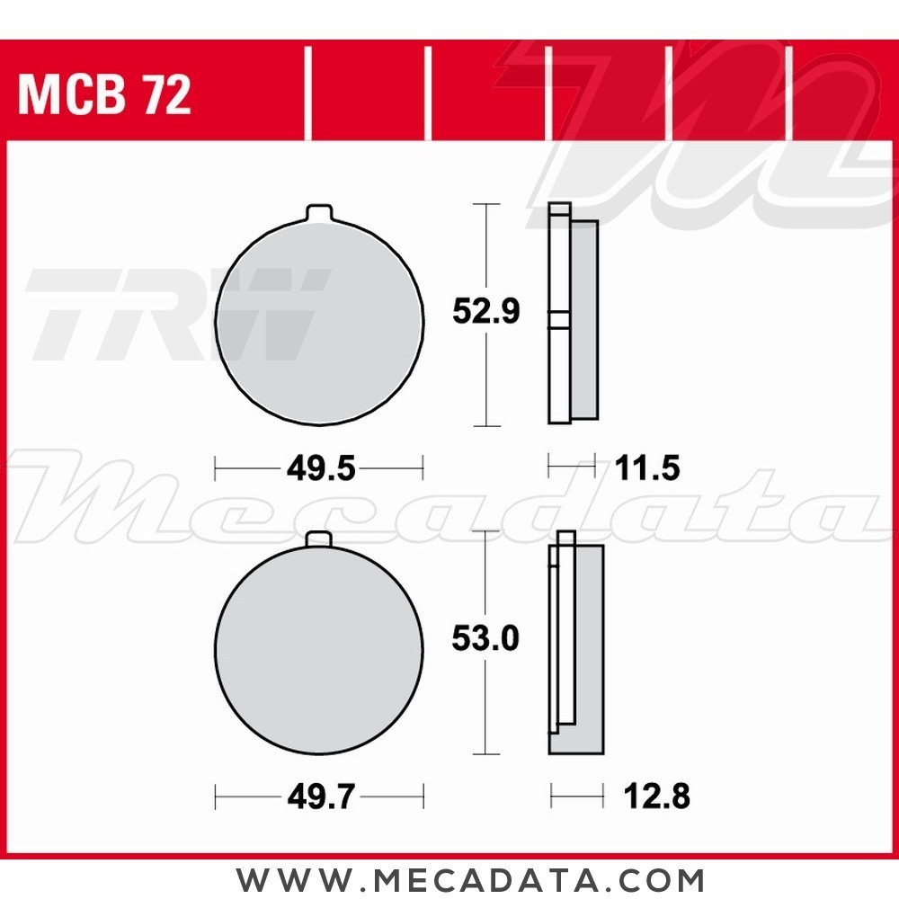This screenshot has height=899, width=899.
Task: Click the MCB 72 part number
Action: [x=104, y=96]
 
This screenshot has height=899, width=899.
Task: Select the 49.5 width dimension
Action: [x=319, y=468]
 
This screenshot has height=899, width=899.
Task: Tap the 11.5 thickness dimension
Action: [x=647, y=468]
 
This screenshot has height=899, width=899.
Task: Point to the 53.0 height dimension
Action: [x=485, y=639]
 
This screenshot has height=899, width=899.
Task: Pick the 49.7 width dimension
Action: [x=319, y=796]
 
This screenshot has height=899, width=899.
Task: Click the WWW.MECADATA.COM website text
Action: [x=470, y=878]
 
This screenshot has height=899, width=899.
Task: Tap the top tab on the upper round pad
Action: [x=319, y=213]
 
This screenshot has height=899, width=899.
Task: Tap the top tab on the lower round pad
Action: [x=319, y=539]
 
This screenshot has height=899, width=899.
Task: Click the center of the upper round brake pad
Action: [x=319, y=323]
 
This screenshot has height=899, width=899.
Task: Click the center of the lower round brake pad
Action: [x=319, y=649]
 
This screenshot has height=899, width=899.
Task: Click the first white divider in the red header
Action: [x=307, y=94]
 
